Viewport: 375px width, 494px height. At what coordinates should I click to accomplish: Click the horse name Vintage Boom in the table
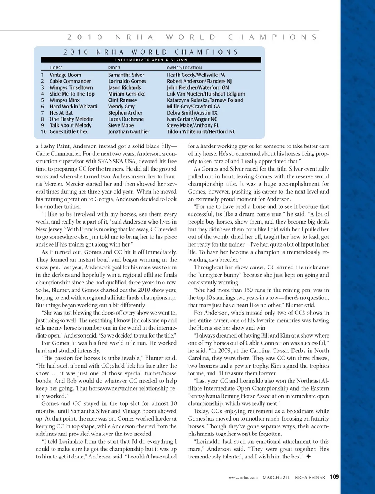coord(65,75)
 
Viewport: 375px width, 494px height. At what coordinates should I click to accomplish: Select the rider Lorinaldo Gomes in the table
coord(127,81)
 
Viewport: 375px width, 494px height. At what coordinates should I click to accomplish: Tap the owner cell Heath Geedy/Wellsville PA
coord(196,75)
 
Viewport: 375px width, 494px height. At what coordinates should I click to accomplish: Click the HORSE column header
coord(56,68)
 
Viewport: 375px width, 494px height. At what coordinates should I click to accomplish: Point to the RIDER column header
coord(114,68)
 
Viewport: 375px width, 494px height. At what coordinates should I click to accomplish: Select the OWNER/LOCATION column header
coord(184,68)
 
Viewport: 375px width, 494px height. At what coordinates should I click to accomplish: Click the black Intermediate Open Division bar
coord(151,60)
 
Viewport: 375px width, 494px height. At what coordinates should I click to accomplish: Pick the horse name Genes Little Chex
coord(69,132)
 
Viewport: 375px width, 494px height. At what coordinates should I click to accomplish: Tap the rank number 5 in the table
coord(43,100)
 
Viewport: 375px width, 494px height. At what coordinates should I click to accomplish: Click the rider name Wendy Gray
coord(121,107)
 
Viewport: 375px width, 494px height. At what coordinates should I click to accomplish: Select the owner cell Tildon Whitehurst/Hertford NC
coord(201,132)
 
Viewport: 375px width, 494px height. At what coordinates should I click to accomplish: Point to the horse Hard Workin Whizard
coord(73,107)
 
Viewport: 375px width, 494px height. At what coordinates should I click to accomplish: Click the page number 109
coord(334,477)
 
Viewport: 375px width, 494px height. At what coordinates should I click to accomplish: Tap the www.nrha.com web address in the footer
coord(243,477)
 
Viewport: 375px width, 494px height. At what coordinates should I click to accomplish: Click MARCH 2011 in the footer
coord(276,477)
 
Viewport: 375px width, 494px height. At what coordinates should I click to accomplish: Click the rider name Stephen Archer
coord(125,113)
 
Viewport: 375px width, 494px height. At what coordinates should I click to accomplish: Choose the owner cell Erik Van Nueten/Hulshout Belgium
coord(206,94)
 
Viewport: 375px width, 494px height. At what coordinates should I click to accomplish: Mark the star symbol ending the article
coord(309,457)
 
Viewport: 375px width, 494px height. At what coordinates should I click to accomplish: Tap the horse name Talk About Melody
coord(71,126)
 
